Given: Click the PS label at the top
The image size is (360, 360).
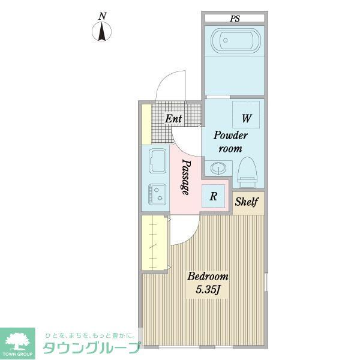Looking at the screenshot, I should pos(234,19).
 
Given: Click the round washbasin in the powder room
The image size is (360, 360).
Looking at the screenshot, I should pos(215,167).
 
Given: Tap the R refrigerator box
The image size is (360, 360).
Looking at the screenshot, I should pos(213,195).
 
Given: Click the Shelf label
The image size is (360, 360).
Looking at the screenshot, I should pos(246,202).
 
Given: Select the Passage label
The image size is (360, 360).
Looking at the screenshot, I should pos(186,177).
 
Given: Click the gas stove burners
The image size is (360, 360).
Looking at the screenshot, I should pos(158,193).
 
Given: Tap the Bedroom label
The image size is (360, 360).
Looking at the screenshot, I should pos(208,277).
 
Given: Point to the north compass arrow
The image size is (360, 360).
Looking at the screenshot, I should pos(103,31).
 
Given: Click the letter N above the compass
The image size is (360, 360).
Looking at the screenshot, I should pos(103,15).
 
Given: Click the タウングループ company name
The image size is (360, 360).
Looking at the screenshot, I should pos(91,347).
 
